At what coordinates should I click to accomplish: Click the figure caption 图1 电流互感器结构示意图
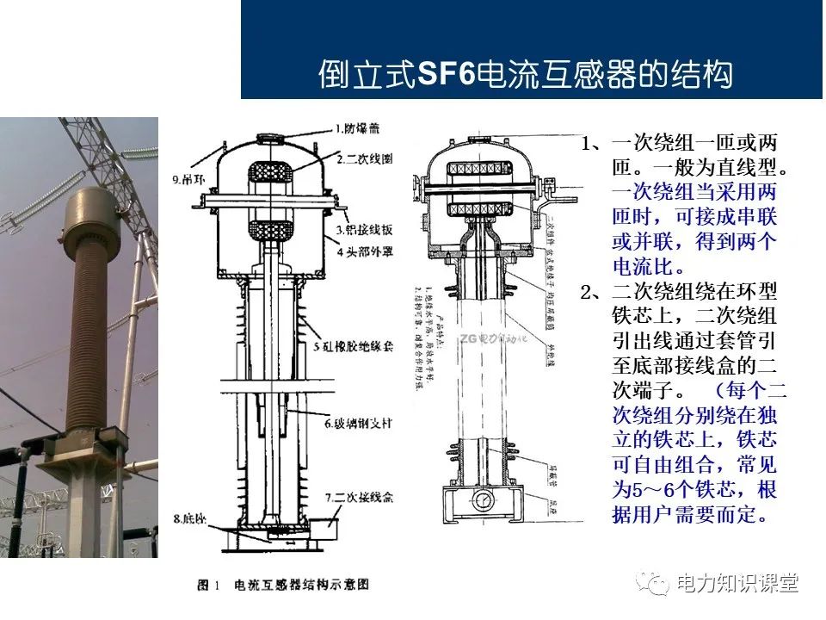point(283,584)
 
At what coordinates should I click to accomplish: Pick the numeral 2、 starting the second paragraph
point(594,293)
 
